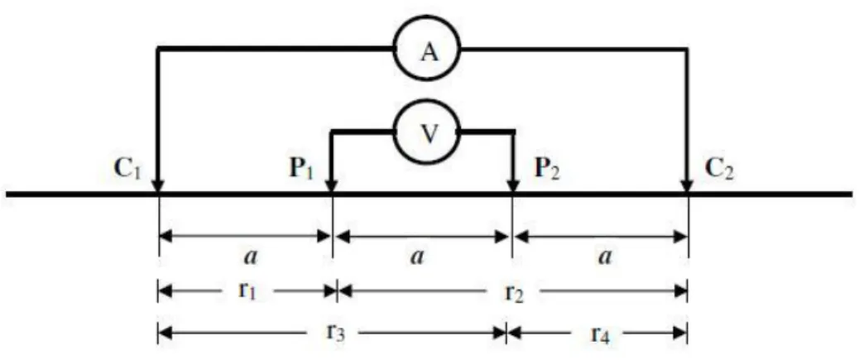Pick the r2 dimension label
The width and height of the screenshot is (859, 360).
[515, 294]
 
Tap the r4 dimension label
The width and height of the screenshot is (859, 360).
[602, 334]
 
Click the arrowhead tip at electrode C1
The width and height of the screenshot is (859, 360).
[157, 192]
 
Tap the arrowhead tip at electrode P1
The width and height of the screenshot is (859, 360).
[331, 192]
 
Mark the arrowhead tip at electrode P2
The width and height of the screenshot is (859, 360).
[512, 192]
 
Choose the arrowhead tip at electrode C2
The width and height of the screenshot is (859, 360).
[686, 192]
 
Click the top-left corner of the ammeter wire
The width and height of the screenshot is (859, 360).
[158, 50]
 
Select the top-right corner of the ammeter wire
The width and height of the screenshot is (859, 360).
[687, 50]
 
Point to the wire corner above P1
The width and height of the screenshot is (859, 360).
[331, 132]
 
